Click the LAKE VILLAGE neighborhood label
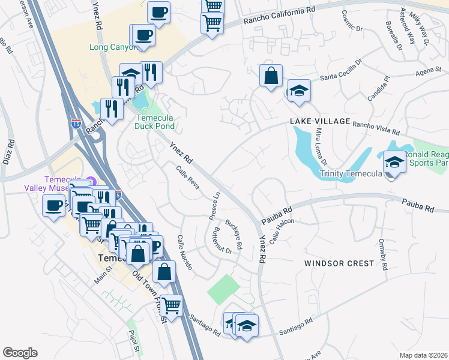[x=320, y=122]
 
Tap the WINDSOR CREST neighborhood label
[x=339, y=263]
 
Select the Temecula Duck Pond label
[x=154, y=122]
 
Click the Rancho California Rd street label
[x=279, y=16]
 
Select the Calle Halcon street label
[x=282, y=230]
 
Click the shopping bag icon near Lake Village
[x=271, y=76]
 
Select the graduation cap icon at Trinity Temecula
[x=394, y=162]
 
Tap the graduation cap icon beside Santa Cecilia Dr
[x=298, y=91]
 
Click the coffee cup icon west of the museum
[x=53, y=206]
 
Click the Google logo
[x=20, y=352]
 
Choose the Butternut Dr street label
[x=222, y=241]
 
